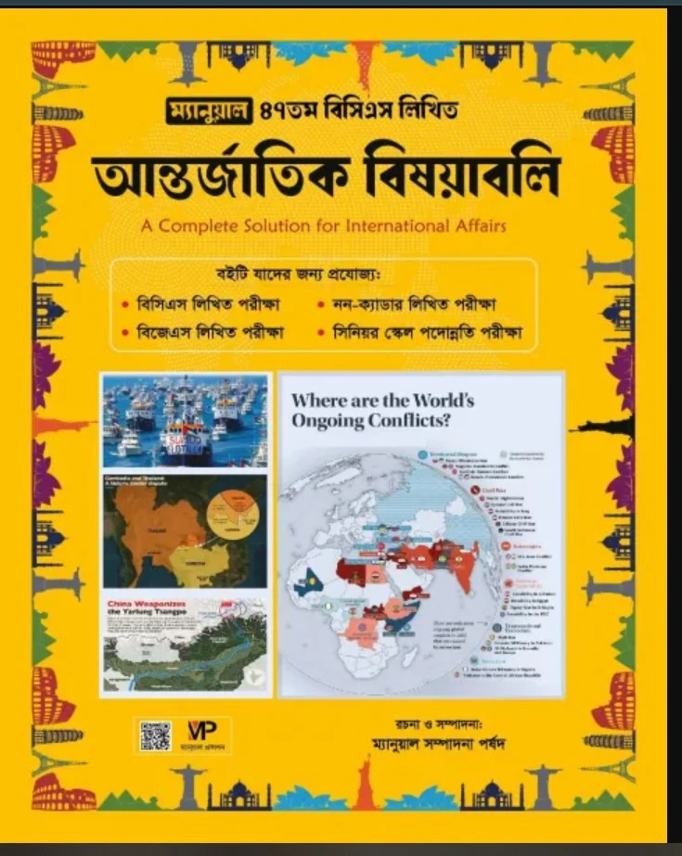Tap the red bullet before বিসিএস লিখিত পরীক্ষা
pos(125,303)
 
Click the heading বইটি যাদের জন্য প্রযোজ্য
pos(321,275)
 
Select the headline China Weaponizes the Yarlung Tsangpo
pos(148,610)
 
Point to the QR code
pos(156,735)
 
